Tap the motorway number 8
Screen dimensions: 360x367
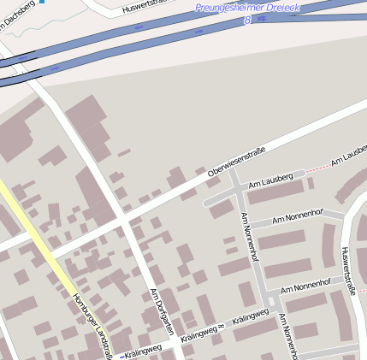tap(247, 19)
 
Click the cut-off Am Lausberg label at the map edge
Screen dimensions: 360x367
tap(349, 159)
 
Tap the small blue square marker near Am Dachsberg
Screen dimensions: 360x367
tap(41, 2)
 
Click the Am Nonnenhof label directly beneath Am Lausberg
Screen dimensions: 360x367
tap(297, 217)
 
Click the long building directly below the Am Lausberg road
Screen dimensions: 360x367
tap(275, 192)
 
